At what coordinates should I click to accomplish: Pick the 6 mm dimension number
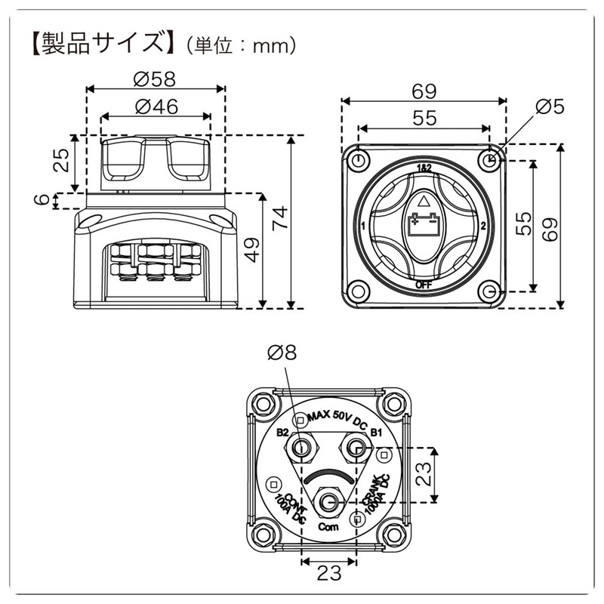pyautogui.click(x=44, y=200)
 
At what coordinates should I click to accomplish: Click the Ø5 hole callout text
pyautogui.click(x=549, y=108)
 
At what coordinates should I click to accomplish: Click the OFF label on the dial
pyautogui.click(x=424, y=285)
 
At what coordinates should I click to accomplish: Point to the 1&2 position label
pyautogui.click(x=424, y=167)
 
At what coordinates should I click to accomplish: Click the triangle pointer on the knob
pyautogui.click(x=424, y=202)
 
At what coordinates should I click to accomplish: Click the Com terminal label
pyautogui.click(x=327, y=526)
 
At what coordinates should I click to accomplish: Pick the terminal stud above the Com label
pyautogui.click(x=328, y=500)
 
